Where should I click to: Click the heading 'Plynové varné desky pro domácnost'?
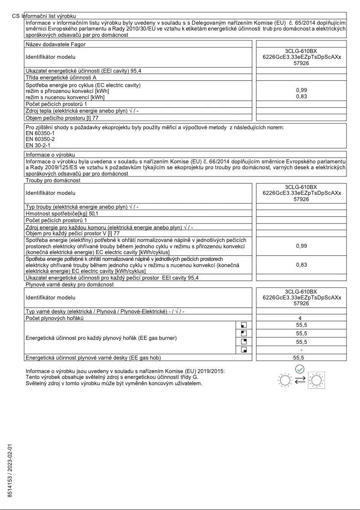[70, 284]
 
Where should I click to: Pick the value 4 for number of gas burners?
[299, 318]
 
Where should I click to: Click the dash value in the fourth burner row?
[299, 349]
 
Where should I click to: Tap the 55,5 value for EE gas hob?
[299, 358]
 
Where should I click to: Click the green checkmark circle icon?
[301, 369]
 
